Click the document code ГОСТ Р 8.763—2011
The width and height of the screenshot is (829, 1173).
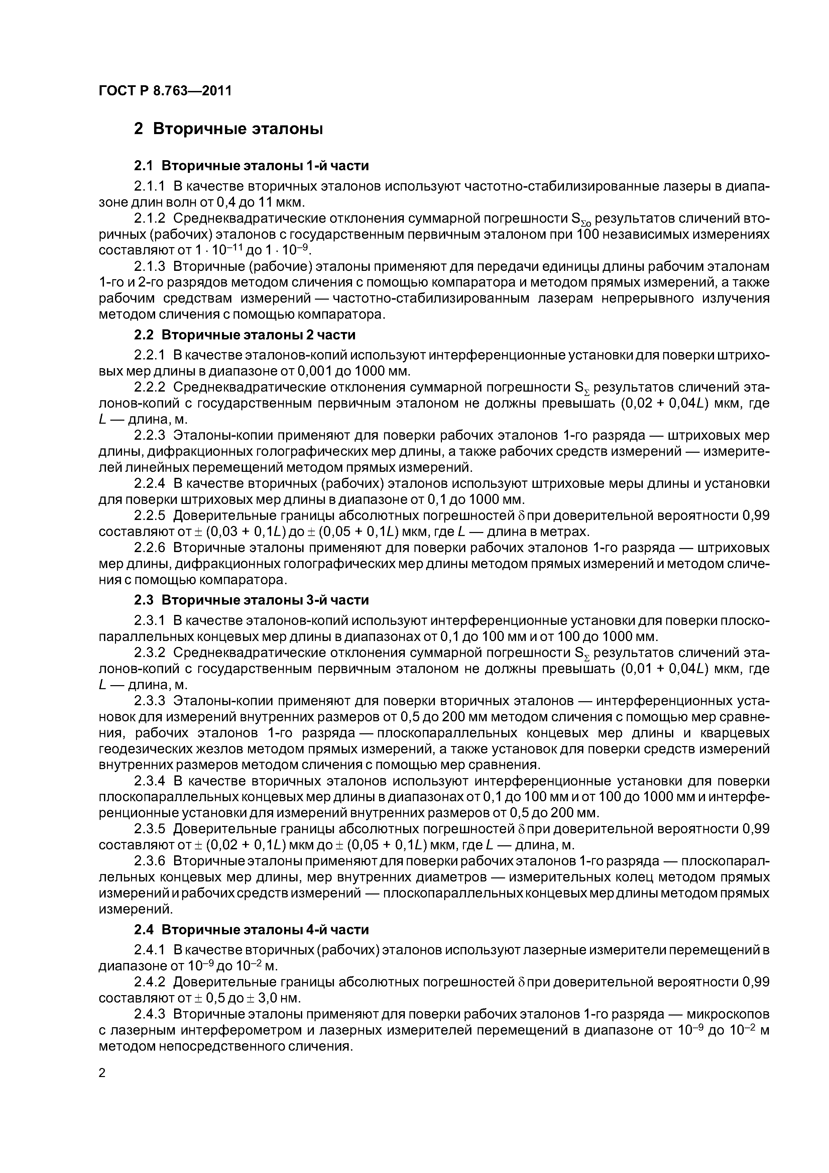coord(164,91)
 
